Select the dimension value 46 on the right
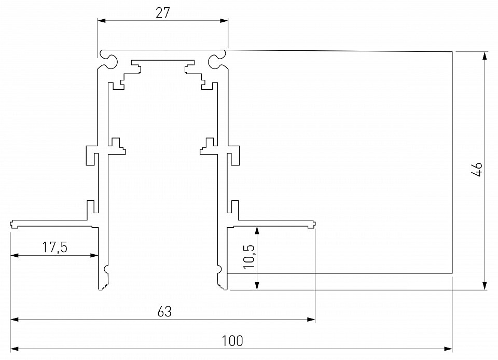pyautogui.click(x=477, y=170)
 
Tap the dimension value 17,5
pyautogui.click(x=55, y=247)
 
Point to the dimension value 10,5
pyautogui.click(x=249, y=257)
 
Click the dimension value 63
pyautogui.click(x=164, y=312)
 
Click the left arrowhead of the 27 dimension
pyautogui.click(x=101, y=21)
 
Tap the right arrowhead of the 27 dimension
pyautogui.click(x=224, y=21)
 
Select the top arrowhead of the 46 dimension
pyautogui.click(x=485, y=56)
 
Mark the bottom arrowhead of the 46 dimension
pyautogui.click(x=485, y=286)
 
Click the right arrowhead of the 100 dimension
pyautogui.click(x=448, y=348)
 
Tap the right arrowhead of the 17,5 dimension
pyautogui.click(x=94, y=255)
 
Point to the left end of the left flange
pyautogui.click(x=12, y=224)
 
